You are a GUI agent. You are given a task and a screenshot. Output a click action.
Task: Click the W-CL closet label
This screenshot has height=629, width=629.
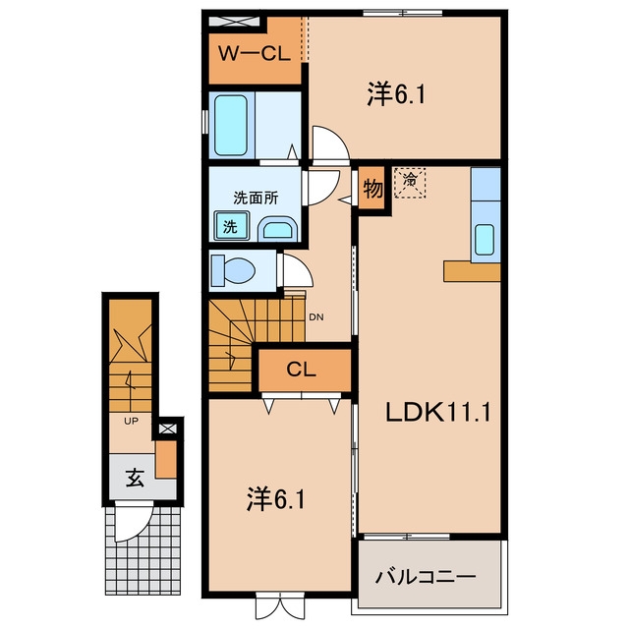click(x=255, y=53)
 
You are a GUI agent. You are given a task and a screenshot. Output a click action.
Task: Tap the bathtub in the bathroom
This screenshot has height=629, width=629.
click(x=231, y=125)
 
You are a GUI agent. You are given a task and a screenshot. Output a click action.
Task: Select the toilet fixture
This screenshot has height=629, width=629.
click(x=234, y=269)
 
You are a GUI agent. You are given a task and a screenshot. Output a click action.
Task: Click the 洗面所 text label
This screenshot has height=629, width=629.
click(x=256, y=198)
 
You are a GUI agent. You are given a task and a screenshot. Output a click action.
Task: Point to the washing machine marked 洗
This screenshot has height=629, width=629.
click(x=231, y=226)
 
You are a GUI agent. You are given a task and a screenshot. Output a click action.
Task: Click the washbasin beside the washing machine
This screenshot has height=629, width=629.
click(x=277, y=229)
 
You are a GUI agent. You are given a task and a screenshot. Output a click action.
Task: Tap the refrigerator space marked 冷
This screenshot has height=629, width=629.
click(x=410, y=183)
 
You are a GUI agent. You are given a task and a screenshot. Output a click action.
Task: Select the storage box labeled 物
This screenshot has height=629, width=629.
click(x=372, y=188)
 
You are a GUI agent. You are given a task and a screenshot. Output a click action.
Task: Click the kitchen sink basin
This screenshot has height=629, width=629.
click(x=485, y=240)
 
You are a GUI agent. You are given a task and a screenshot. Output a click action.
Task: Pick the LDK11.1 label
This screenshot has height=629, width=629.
click(x=437, y=412)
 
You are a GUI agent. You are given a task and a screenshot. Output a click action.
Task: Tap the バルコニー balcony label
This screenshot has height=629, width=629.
click(x=426, y=577)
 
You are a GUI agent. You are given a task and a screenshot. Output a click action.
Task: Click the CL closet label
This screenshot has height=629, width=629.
click(x=302, y=370)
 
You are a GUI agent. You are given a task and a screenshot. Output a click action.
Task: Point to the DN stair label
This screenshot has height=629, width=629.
click(x=316, y=317)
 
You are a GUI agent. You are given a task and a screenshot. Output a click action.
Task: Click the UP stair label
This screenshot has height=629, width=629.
click(x=131, y=422)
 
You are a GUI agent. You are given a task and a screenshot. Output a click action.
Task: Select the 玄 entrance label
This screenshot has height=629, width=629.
click(x=135, y=478)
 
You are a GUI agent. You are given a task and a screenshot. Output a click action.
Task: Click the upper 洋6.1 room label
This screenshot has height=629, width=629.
click(x=396, y=94)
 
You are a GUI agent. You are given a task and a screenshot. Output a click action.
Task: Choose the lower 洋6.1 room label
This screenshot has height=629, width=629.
click(x=275, y=499)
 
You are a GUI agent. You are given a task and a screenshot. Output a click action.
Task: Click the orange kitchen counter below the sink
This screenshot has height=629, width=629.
click(x=472, y=272)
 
